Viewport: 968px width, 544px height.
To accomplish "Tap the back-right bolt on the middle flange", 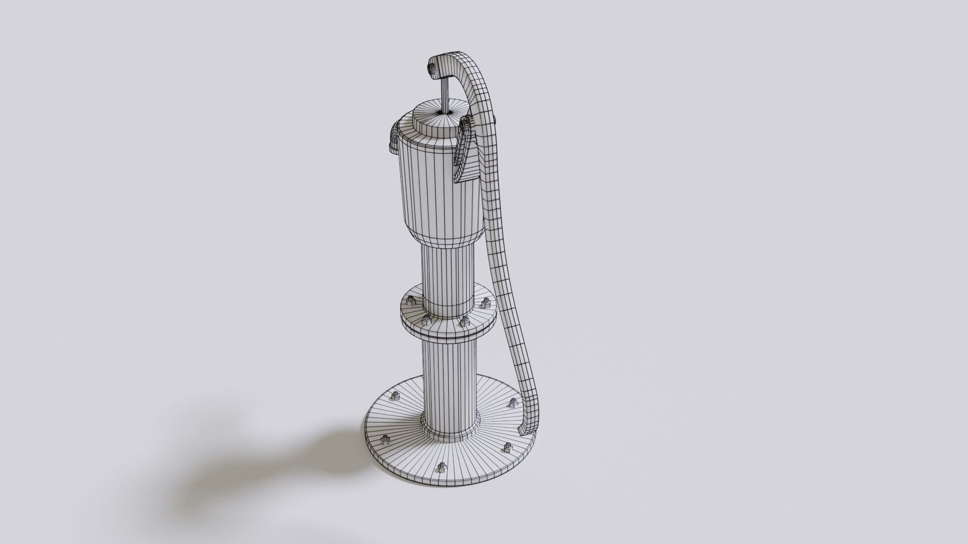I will [487, 303].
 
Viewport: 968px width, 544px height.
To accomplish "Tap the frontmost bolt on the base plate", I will [442, 468].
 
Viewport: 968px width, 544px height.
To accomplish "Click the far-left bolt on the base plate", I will [386, 440].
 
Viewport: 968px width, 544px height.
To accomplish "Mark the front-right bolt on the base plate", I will [507, 447].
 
